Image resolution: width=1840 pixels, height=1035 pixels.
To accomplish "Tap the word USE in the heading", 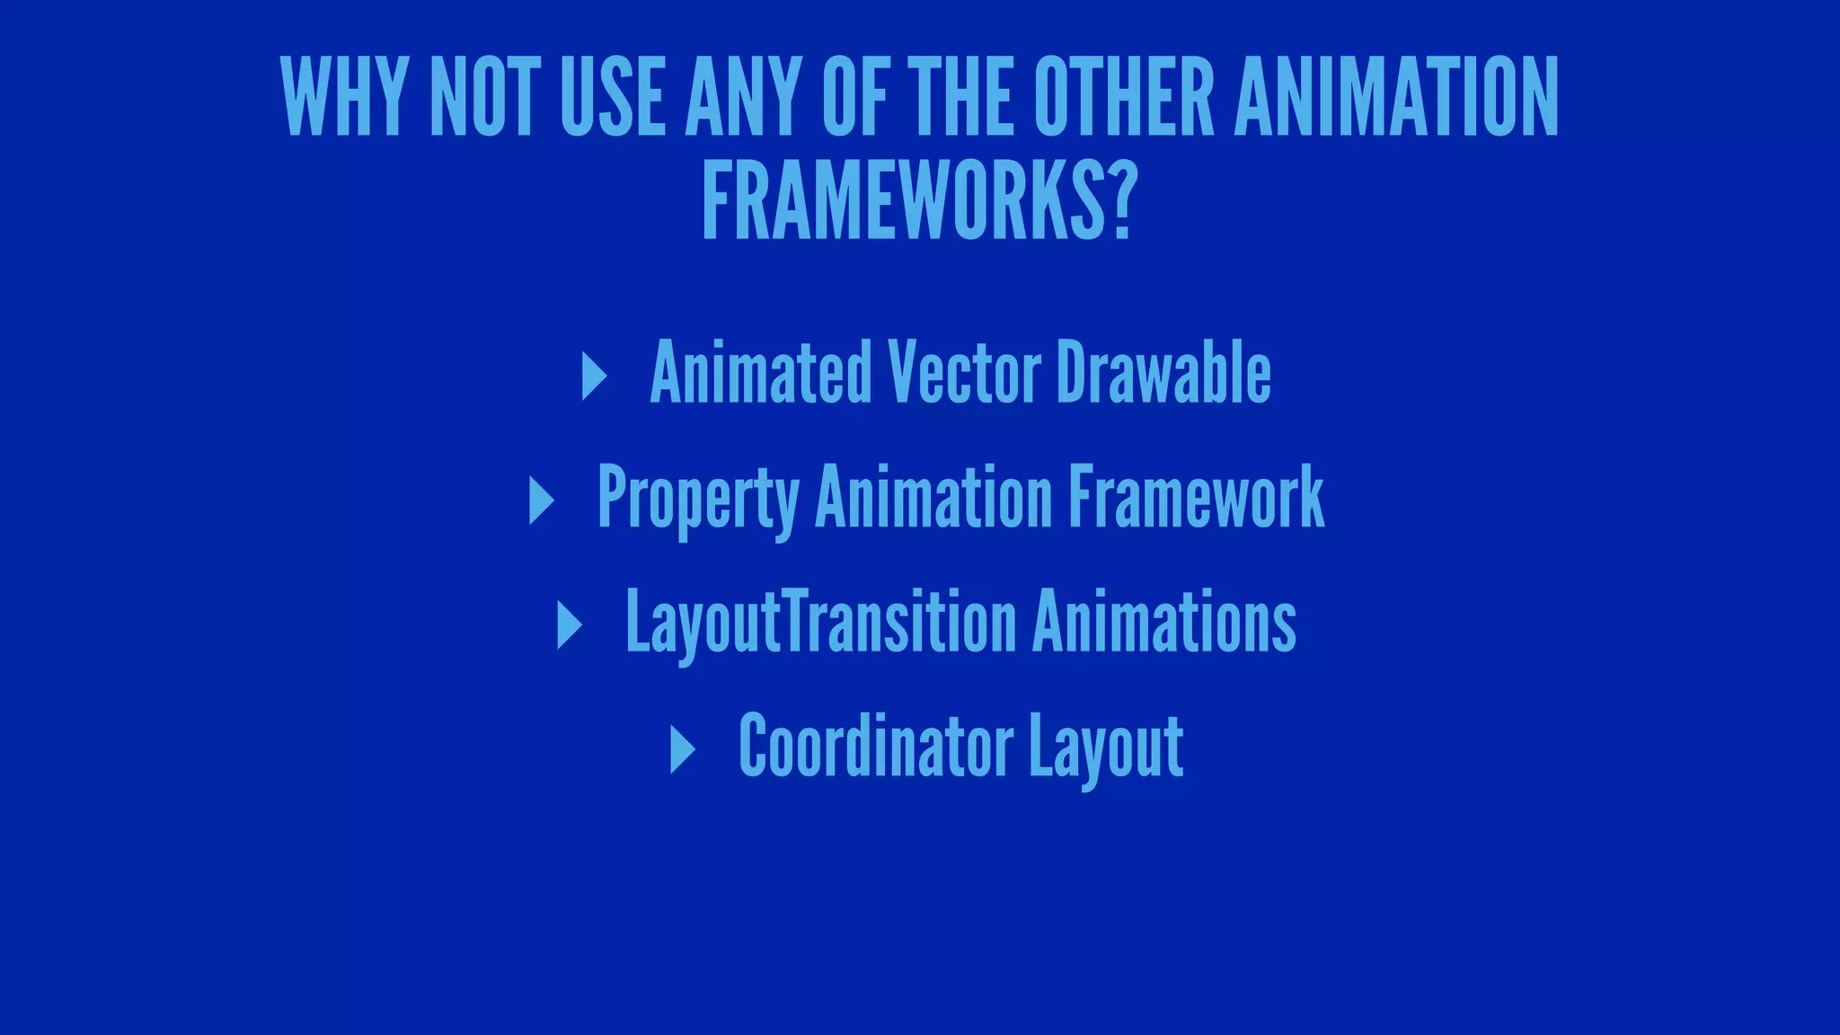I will pyautogui.click(x=613, y=97).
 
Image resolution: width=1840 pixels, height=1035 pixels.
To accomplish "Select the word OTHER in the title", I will pyautogui.click(x=1123, y=97).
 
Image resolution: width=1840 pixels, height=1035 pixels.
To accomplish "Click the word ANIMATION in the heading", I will pyautogui.click(x=1396, y=97).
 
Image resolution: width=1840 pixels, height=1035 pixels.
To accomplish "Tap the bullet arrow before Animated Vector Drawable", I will pyautogui.click(x=593, y=376).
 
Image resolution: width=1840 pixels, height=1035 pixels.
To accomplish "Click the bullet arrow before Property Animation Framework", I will pyautogui.click(x=541, y=500).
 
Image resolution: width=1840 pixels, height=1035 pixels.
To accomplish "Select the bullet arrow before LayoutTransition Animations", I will pyautogui.click(x=569, y=624).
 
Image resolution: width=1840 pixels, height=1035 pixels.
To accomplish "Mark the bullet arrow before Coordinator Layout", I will pyautogui.click(x=682, y=748).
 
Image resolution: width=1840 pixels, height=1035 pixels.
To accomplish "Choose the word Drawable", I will pyautogui.click(x=1163, y=372).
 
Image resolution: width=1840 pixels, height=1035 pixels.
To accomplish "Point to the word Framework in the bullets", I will pyautogui.click(x=1196, y=496).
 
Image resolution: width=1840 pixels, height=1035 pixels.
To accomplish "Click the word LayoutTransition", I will pyautogui.click(x=820, y=622).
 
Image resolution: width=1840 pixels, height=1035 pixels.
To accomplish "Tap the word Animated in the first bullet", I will pyautogui.click(x=761, y=372).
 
